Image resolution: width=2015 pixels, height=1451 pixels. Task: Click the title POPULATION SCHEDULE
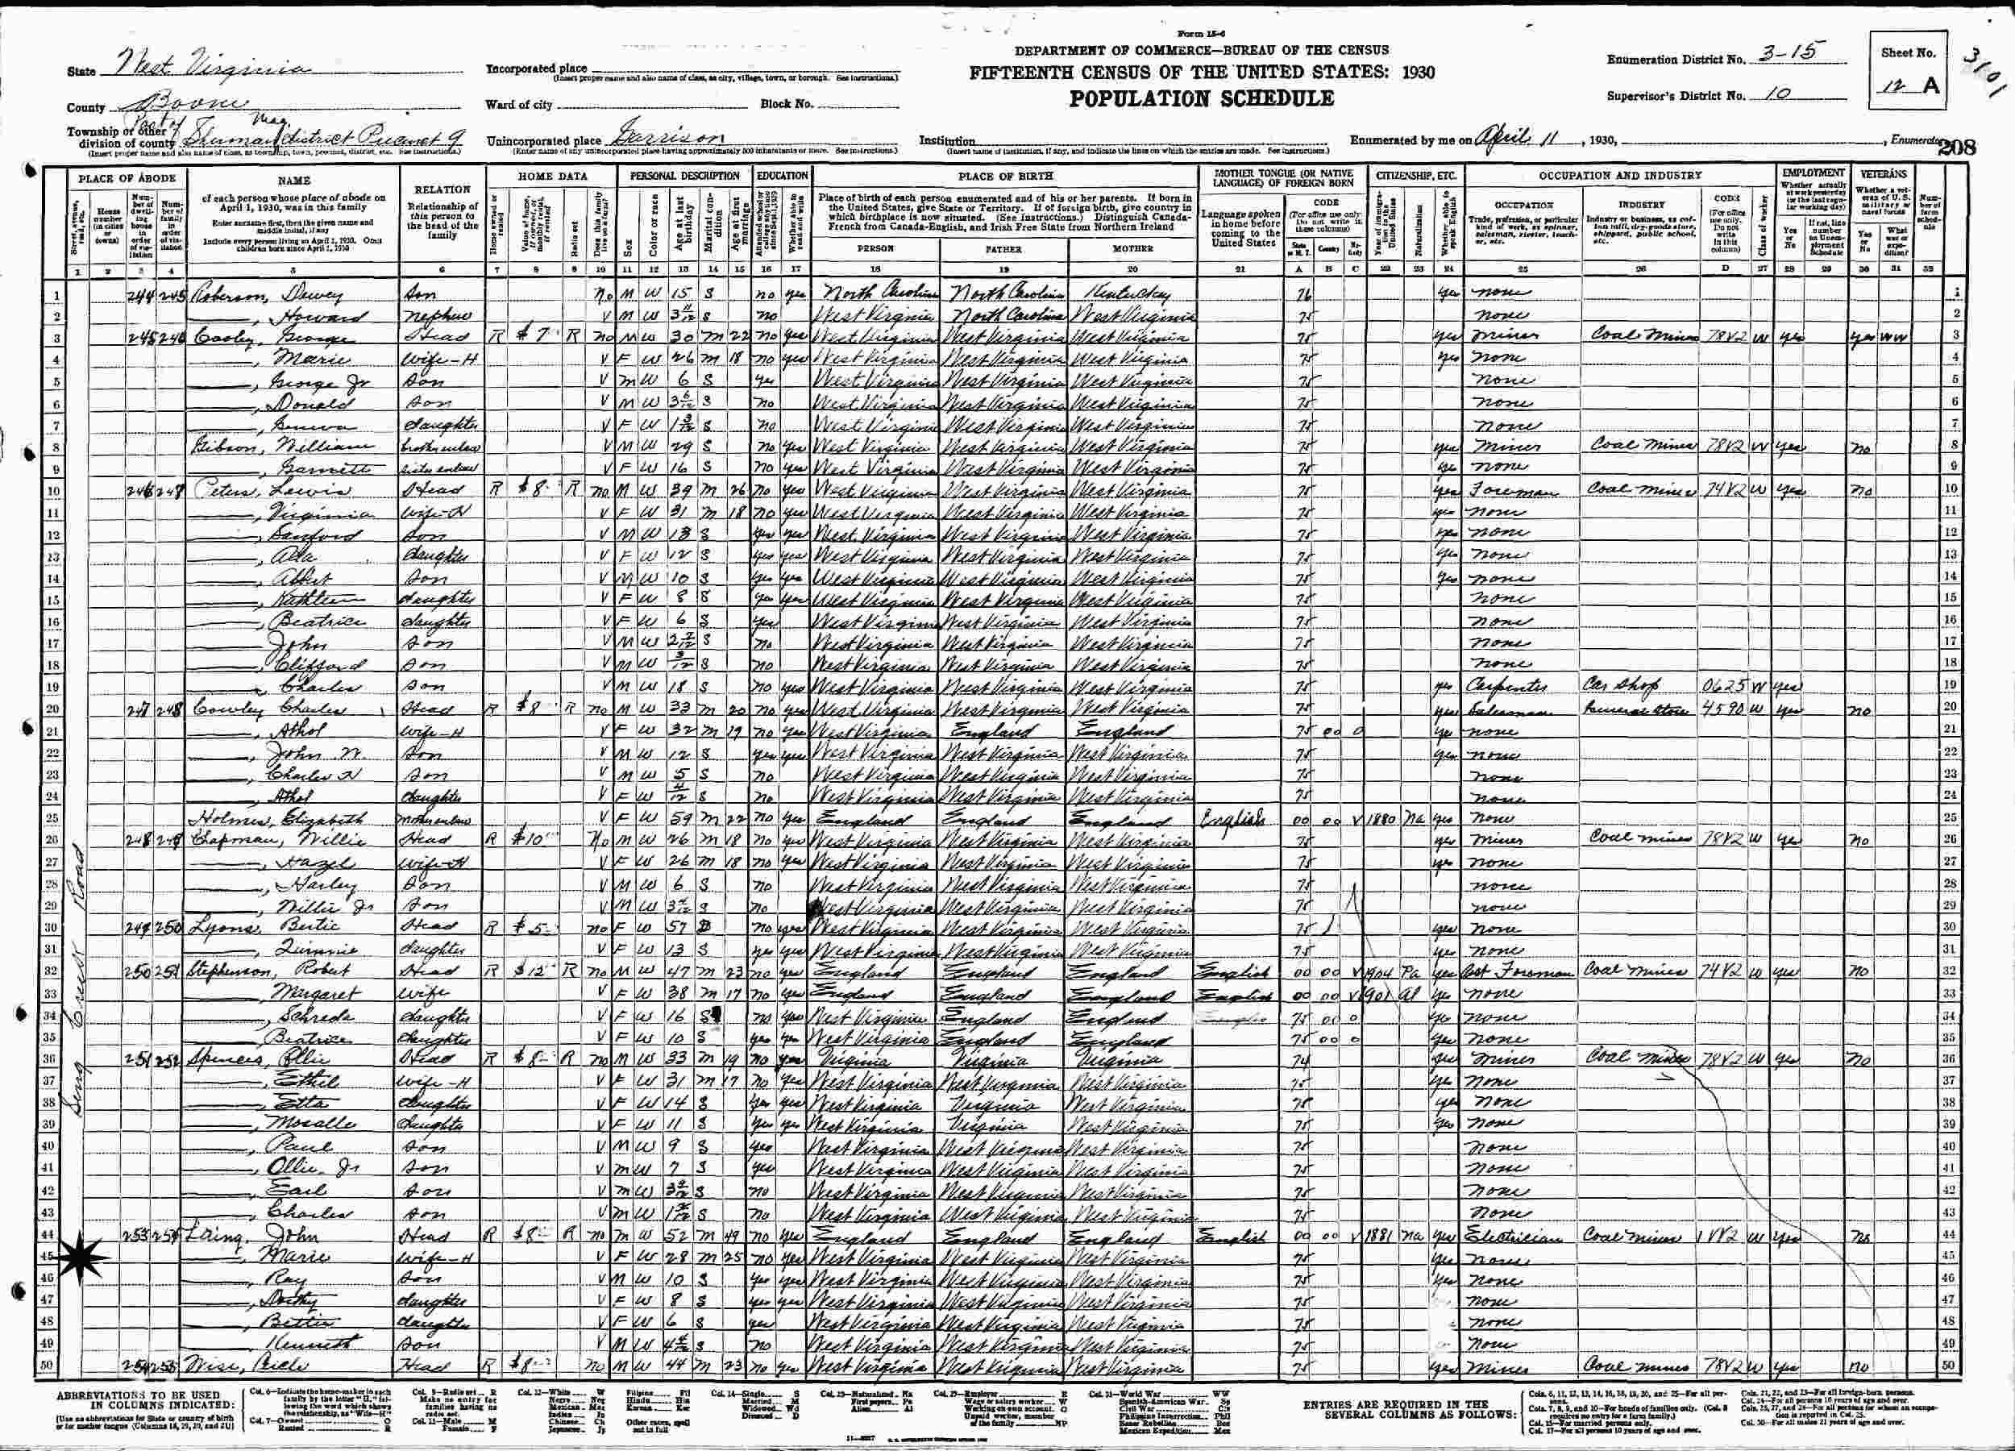coord(1201,99)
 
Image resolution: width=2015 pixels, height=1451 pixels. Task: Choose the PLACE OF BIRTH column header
coord(1006,176)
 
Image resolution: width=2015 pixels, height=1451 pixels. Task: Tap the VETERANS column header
coord(1884,174)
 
